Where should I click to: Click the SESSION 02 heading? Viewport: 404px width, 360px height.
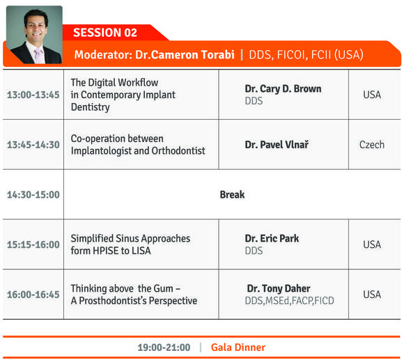pyautogui.click(x=105, y=33)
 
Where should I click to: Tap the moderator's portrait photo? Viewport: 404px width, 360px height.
pyautogui.click(x=34, y=35)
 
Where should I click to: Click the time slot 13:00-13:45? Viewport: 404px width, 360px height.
pyautogui.click(x=33, y=95)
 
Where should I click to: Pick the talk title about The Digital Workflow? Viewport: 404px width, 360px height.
pyautogui.click(x=123, y=95)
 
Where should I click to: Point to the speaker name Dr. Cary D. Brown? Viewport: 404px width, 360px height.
pyautogui.click(x=283, y=89)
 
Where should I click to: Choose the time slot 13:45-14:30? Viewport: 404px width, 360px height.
pyautogui.click(x=33, y=145)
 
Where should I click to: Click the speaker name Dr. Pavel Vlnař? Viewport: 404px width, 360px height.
pyautogui.click(x=277, y=145)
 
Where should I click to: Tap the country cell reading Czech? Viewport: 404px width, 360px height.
pyautogui.click(x=372, y=145)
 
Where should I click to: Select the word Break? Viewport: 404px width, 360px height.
pyautogui.click(x=232, y=195)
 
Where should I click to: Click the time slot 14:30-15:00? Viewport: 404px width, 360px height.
pyautogui.click(x=33, y=195)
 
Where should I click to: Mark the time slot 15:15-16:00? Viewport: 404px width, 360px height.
pyautogui.click(x=33, y=244)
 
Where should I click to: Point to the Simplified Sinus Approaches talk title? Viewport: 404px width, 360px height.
pyautogui.click(x=130, y=244)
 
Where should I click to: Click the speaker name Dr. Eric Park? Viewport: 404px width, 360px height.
pyautogui.click(x=272, y=238)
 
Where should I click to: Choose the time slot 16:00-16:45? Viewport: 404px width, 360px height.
pyautogui.click(x=33, y=295)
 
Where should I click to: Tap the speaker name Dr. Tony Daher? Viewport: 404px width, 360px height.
pyautogui.click(x=279, y=289)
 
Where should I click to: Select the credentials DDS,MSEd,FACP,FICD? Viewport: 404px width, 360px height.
pyautogui.click(x=289, y=301)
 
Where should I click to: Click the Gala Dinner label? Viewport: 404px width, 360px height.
pyautogui.click(x=238, y=347)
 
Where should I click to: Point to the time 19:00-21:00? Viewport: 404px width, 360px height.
pyautogui.click(x=164, y=347)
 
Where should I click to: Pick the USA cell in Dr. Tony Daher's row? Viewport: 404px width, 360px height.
pyautogui.click(x=372, y=295)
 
